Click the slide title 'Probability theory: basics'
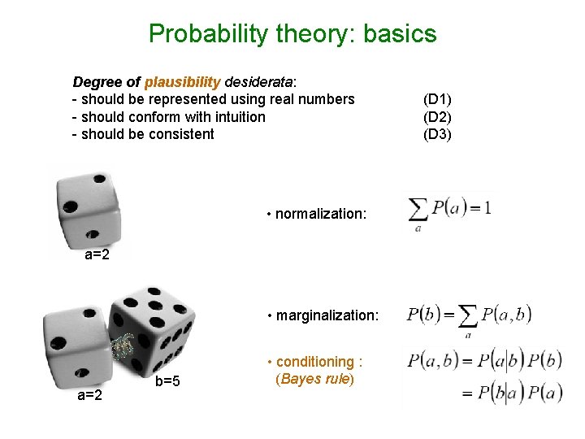pyautogui.click(x=292, y=34)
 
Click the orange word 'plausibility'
pyautogui.click(x=182, y=82)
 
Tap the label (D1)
pyautogui.click(x=437, y=99)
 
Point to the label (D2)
pyautogui.click(x=437, y=117)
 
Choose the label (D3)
pyautogui.click(x=437, y=134)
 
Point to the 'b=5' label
pyautogui.click(x=167, y=382)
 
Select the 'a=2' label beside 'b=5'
pyautogui.click(x=89, y=395)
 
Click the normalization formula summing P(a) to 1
pyautogui.click(x=449, y=210)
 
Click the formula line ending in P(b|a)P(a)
pyautogui.click(x=511, y=393)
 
